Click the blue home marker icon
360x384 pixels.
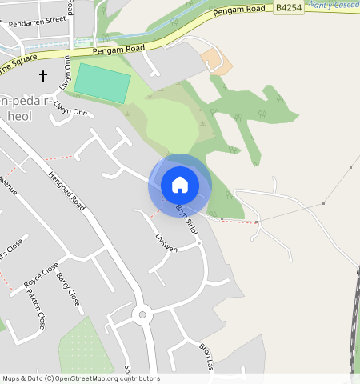[x=180, y=185]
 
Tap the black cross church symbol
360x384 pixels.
[x=43, y=76]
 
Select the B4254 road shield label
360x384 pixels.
[x=287, y=7]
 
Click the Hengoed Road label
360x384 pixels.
[x=66, y=191]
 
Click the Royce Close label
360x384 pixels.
[x=41, y=274]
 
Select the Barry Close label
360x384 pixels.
[x=68, y=290]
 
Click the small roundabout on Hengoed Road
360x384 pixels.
[x=142, y=314]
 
